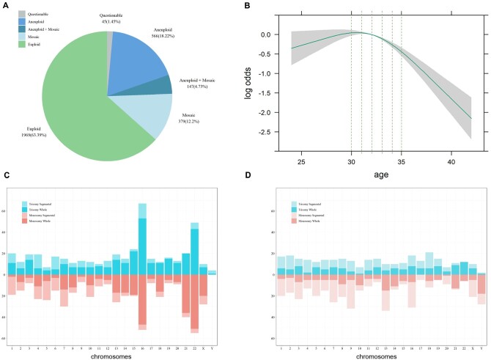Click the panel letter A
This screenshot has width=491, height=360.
(7, 7)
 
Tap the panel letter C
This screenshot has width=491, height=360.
(7, 175)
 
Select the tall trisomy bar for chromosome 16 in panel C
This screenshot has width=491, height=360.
(142, 238)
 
